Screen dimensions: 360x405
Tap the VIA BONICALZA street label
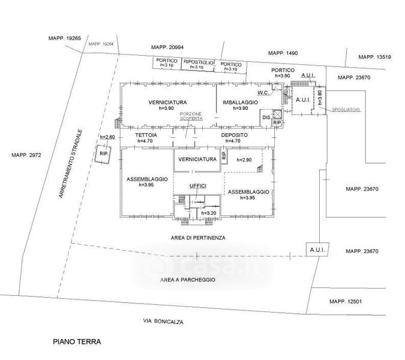(x=163, y=322)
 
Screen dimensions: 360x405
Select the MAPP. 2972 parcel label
(x=26, y=155)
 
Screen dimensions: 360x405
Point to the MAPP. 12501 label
(x=346, y=301)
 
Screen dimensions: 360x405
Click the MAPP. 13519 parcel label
(x=374, y=57)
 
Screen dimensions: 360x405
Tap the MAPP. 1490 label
(x=282, y=53)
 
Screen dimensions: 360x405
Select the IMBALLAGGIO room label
(x=240, y=103)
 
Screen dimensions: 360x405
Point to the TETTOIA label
(x=146, y=136)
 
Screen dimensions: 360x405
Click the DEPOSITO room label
(x=234, y=136)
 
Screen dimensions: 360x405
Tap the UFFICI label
(x=198, y=186)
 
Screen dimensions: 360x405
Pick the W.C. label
(x=263, y=93)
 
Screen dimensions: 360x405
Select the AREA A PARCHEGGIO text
(x=187, y=280)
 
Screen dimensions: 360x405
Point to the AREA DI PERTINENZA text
(x=197, y=238)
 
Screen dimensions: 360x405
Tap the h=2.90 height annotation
(x=244, y=160)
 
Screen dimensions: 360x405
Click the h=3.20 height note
(x=209, y=213)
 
